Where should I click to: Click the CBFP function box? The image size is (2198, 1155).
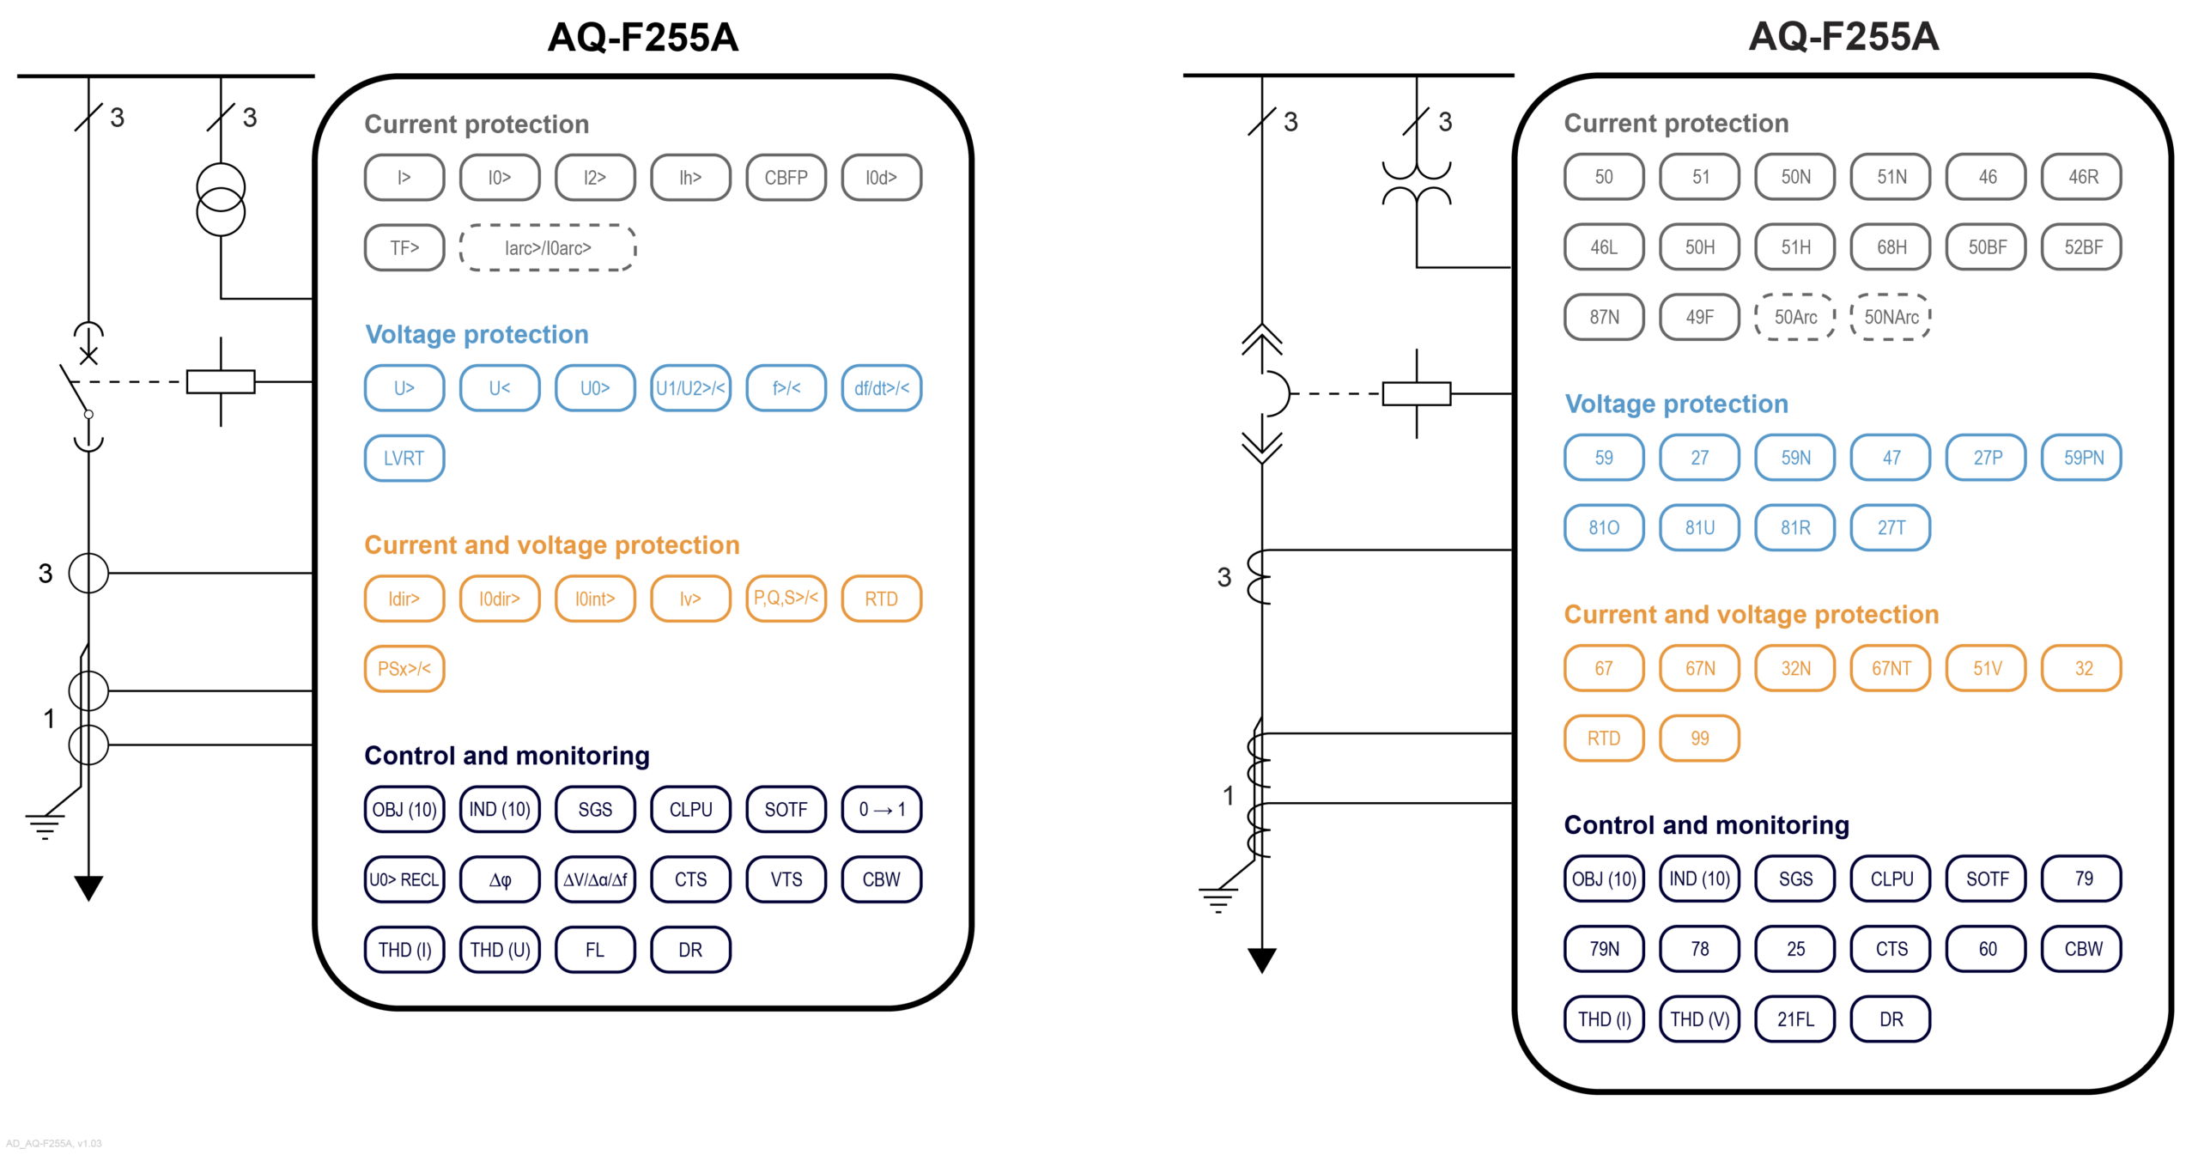(785, 178)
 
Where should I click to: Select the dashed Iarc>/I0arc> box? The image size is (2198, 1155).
(547, 248)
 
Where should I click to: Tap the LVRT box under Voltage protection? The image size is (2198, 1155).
(404, 458)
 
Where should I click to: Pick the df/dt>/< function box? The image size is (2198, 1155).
(880, 388)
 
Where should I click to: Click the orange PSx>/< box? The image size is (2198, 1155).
(404, 668)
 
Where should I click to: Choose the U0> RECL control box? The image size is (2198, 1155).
(404, 879)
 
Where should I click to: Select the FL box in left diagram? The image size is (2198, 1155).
(594, 950)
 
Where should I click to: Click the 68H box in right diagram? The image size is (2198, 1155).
(1891, 247)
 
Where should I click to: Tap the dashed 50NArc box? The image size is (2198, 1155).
(1891, 318)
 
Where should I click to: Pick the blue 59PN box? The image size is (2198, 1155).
(2082, 458)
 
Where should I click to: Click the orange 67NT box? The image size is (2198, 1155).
(1891, 668)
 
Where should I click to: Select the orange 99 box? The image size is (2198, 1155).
(1699, 739)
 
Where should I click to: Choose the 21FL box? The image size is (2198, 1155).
(1794, 1019)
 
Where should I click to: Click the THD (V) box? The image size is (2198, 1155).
(1699, 1019)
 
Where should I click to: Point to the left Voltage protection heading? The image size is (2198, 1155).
(477, 334)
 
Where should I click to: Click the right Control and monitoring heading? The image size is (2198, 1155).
(1705, 825)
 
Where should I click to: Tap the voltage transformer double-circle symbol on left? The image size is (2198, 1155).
(221, 199)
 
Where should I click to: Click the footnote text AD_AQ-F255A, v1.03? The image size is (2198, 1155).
(54, 1143)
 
